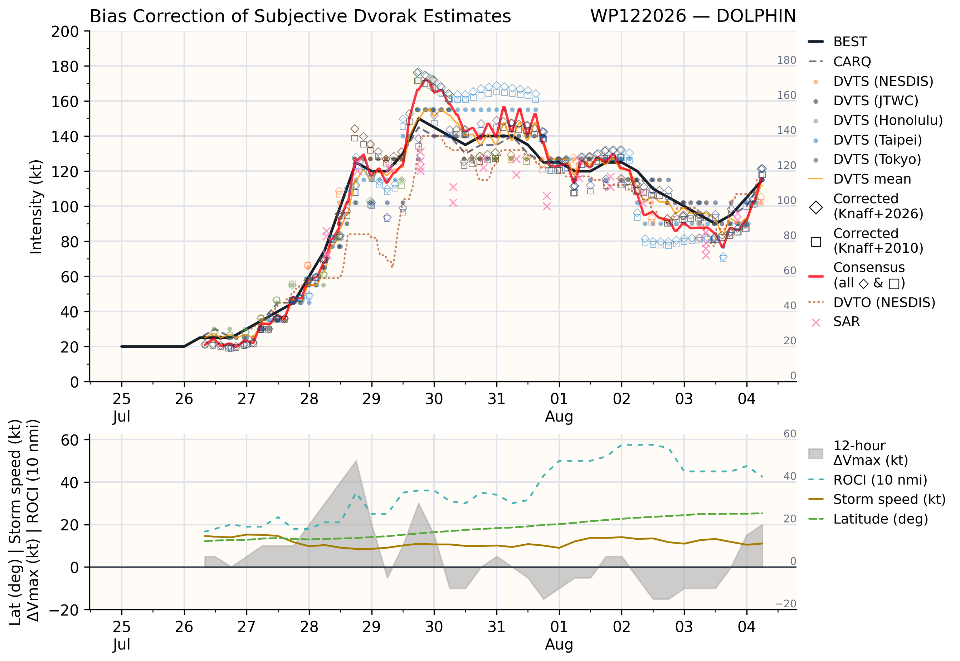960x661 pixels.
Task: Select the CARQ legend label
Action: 852,62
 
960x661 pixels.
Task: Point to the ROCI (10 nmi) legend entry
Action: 868,480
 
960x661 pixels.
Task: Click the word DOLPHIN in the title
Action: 756,16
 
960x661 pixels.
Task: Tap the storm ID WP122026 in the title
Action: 638,16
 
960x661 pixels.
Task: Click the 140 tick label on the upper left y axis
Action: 65,137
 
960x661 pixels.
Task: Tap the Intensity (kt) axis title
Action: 36,206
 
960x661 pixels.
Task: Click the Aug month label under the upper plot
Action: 559,416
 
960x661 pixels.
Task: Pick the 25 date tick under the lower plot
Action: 121,627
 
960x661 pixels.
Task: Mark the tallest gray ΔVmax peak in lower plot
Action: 356,461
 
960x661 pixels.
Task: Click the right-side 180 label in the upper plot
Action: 786,60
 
